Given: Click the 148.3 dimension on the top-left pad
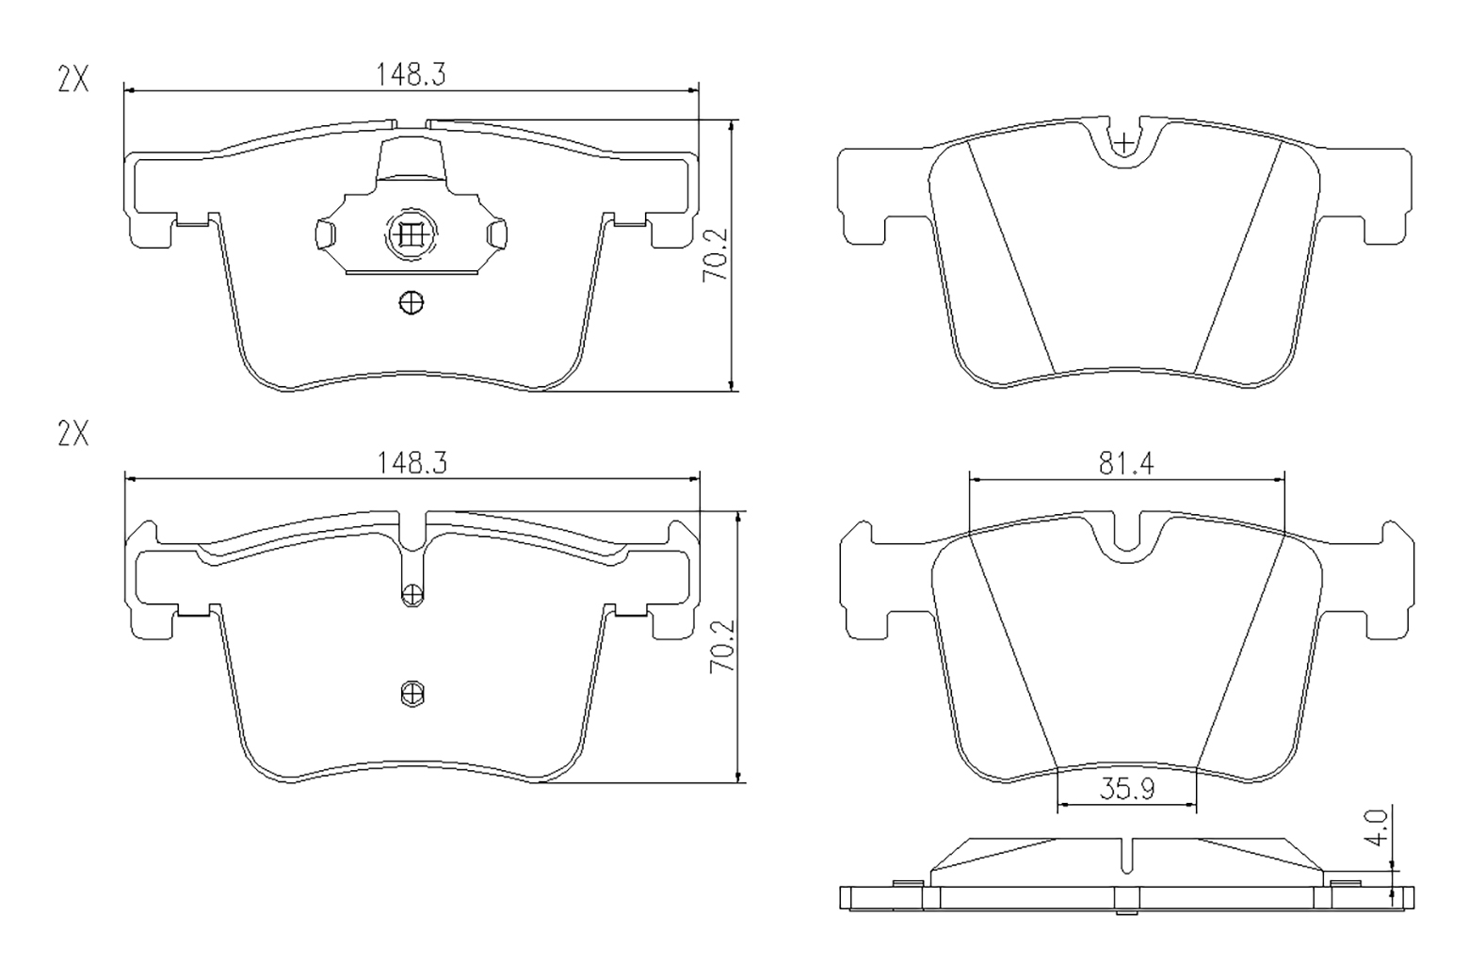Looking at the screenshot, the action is click(411, 74).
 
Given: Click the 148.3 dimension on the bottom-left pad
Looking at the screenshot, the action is click(412, 463).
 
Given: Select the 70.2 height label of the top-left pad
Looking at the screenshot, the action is click(715, 255).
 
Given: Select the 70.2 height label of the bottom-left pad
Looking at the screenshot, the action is click(722, 646).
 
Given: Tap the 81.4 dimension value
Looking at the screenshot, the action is click(1126, 464).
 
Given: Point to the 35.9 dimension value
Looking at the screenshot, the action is click(1127, 789).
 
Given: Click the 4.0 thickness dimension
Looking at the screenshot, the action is click(1379, 827).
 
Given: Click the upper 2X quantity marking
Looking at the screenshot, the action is click(73, 80).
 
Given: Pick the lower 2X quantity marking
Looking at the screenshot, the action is click(73, 434).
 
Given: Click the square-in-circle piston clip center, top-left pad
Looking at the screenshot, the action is click(412, 234).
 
